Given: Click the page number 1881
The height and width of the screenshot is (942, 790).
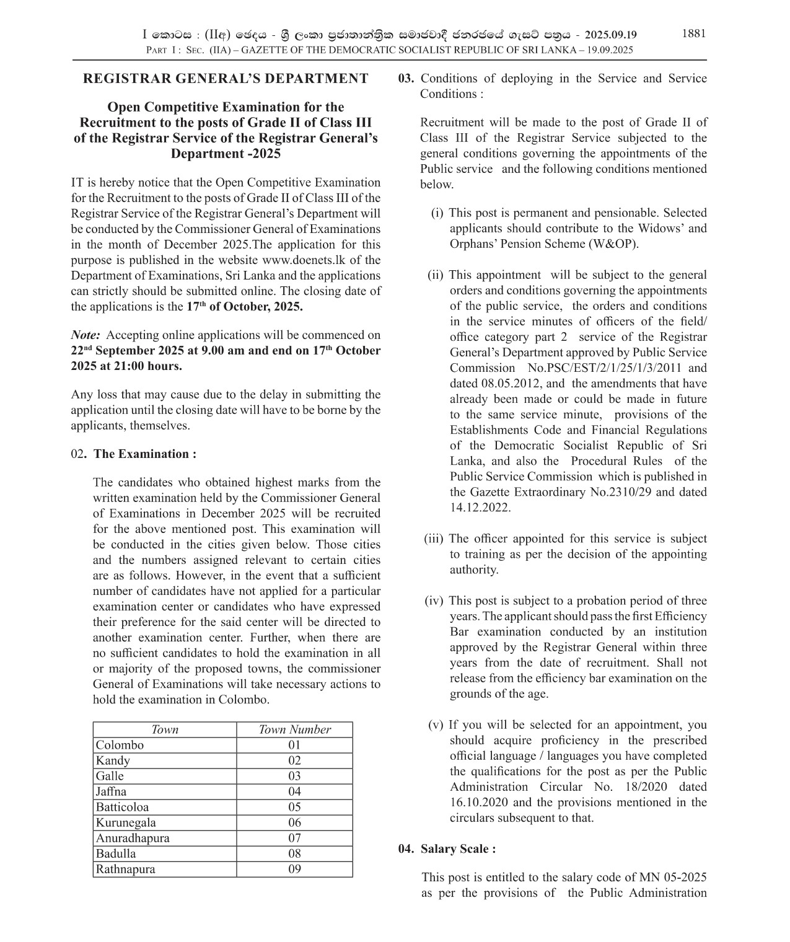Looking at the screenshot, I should pyautogui.click(x=693, y=34).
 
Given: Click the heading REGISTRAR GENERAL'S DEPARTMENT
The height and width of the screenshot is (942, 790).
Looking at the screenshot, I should pyautogui.click(x=226, y=79).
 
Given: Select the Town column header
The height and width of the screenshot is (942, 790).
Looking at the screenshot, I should pyautogui.click(x=165, y=729).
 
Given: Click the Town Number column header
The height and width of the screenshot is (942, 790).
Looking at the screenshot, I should pyautogui.click(x=294, y=729).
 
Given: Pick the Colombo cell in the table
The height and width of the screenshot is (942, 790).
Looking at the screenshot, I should pyautogui.click(x=120, y=745).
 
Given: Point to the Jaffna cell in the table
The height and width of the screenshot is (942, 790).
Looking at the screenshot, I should pyautogui.click(x=112, y=791).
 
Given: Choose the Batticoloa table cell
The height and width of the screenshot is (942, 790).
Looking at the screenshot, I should pyautogui.click(x=123, y=807).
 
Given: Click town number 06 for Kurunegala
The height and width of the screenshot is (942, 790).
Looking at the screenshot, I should pyautogui.click(x=294, y=822).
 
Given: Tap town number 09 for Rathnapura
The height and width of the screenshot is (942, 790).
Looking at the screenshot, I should pyautogui.click(x=294, y=869).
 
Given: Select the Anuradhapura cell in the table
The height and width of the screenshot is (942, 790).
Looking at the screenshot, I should pyautogui.click(x=133, y=838).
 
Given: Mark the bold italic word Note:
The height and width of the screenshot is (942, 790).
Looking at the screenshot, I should pyautogui.click(x=86, y=335).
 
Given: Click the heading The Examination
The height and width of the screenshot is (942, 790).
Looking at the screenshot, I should pyautogui.click(x=145, y=454).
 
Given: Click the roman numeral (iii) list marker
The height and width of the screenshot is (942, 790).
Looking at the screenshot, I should pyautogui.click(x=434, y=539).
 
